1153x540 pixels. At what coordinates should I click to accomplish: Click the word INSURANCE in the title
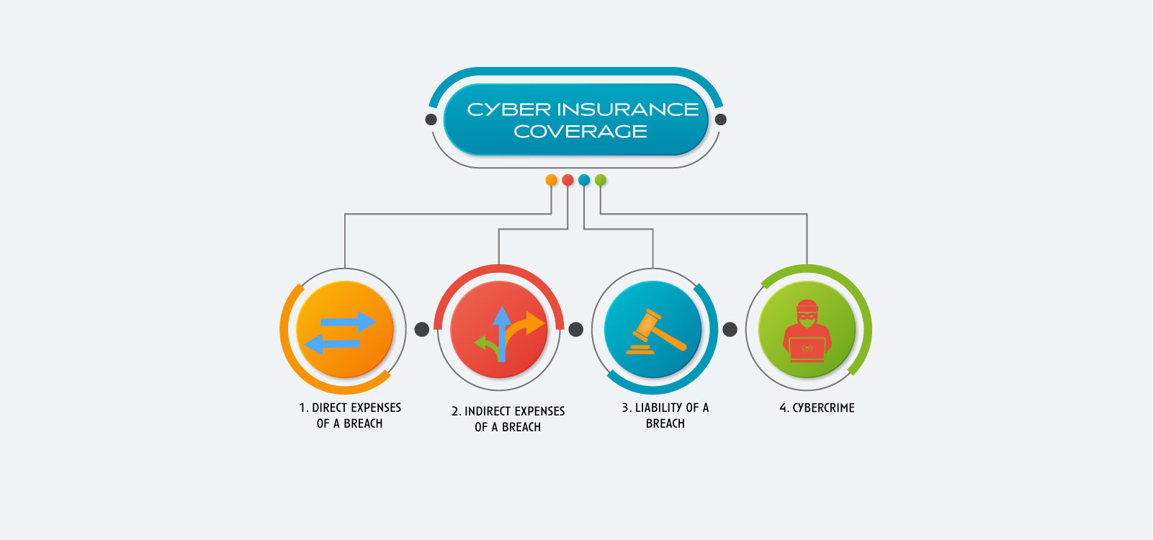[627, 109]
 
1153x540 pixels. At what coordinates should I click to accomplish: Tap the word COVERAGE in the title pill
[580, 132]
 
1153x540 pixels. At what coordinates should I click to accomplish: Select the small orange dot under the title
[551, 180]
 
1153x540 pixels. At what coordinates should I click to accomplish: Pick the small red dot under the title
[567, 180]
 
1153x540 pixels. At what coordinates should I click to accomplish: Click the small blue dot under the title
[584, 180]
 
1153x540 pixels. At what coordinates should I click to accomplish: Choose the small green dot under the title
[601, 180]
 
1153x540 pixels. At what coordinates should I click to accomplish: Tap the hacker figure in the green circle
[807, 330]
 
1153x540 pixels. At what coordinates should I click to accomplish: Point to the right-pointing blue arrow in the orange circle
[349, 322]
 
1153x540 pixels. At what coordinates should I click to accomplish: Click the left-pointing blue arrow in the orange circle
[332, 344]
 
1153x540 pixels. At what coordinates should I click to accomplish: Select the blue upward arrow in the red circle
[502, 334]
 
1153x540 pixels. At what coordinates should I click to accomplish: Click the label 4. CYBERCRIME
[817, 408]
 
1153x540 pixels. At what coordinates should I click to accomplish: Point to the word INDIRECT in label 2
[489, 411]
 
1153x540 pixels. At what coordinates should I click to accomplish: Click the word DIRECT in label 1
[328, 408]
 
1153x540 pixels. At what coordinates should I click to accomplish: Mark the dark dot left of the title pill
[431, 120]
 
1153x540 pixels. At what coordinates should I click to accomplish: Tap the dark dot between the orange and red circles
[421, 330]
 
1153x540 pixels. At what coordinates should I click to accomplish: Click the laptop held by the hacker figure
[807, 349]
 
